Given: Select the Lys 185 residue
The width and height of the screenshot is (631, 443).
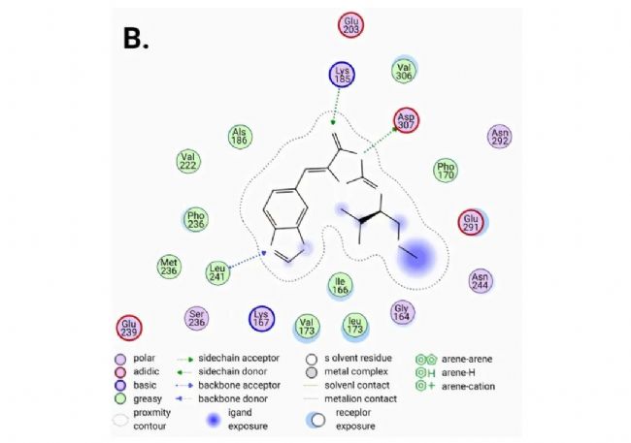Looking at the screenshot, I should (x=339, y=77).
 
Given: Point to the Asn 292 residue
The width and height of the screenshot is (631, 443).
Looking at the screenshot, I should (x=500, y=138).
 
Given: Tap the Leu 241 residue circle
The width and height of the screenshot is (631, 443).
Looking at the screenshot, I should (x=221, y=272).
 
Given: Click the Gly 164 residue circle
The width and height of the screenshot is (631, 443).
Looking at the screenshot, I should (x=402, y=311).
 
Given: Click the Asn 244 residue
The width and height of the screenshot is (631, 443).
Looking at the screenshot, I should (x=481, y=280).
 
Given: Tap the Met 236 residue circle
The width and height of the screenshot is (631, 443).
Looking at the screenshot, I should (x=170, y=265).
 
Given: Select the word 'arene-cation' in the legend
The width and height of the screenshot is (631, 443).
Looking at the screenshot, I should (x=467, y=386).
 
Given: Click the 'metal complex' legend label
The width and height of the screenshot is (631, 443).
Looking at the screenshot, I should (x=358, y=372).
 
